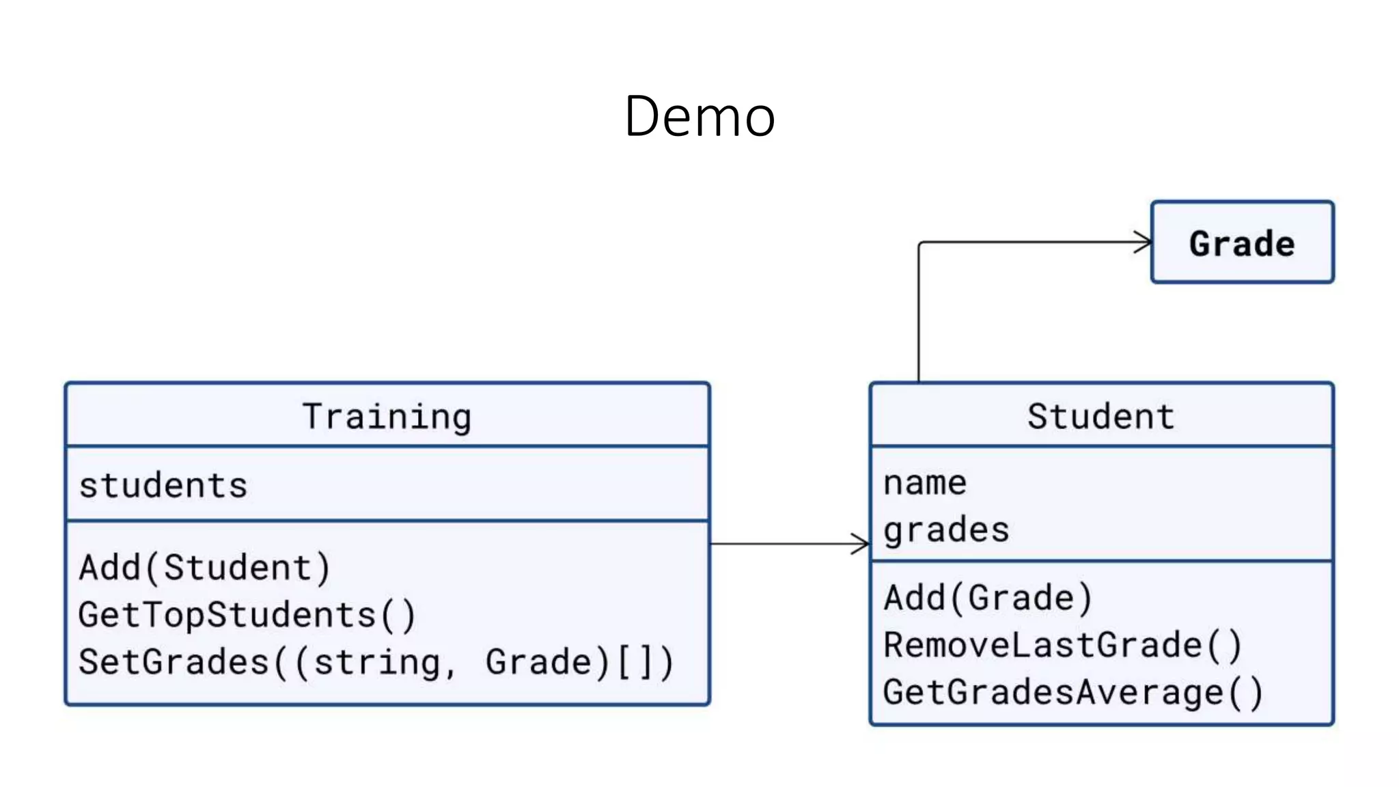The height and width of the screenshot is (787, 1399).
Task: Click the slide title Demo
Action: coord(699,117)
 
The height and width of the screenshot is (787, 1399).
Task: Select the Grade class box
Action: coord(1242,243)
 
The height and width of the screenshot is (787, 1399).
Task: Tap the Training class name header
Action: coord(387,417)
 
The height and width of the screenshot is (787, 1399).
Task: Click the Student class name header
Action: coord(1100,417)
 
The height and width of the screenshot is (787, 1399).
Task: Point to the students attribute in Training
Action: coord(163,486)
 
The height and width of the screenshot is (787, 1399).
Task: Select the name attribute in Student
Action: coord(925,483)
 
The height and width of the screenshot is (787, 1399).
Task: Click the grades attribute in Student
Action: coord(946,530)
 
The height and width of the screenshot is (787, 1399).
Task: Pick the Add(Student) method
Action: coord(205,568)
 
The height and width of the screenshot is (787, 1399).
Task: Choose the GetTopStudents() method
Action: coord(247,615)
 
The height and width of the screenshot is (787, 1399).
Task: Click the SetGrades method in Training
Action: coord(376,662)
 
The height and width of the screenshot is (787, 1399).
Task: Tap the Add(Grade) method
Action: coord(988,598)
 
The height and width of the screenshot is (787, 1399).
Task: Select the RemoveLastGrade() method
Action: coord(1062,645)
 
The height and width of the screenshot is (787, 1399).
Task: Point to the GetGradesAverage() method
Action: coord(1072,692)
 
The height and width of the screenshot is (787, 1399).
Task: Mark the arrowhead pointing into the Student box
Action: coord(861,544)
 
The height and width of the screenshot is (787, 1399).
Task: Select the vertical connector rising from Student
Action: coord(919,314)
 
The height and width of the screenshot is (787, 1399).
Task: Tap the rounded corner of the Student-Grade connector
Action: coord(921,244)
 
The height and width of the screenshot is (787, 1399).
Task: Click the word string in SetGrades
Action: coord(377,663)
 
